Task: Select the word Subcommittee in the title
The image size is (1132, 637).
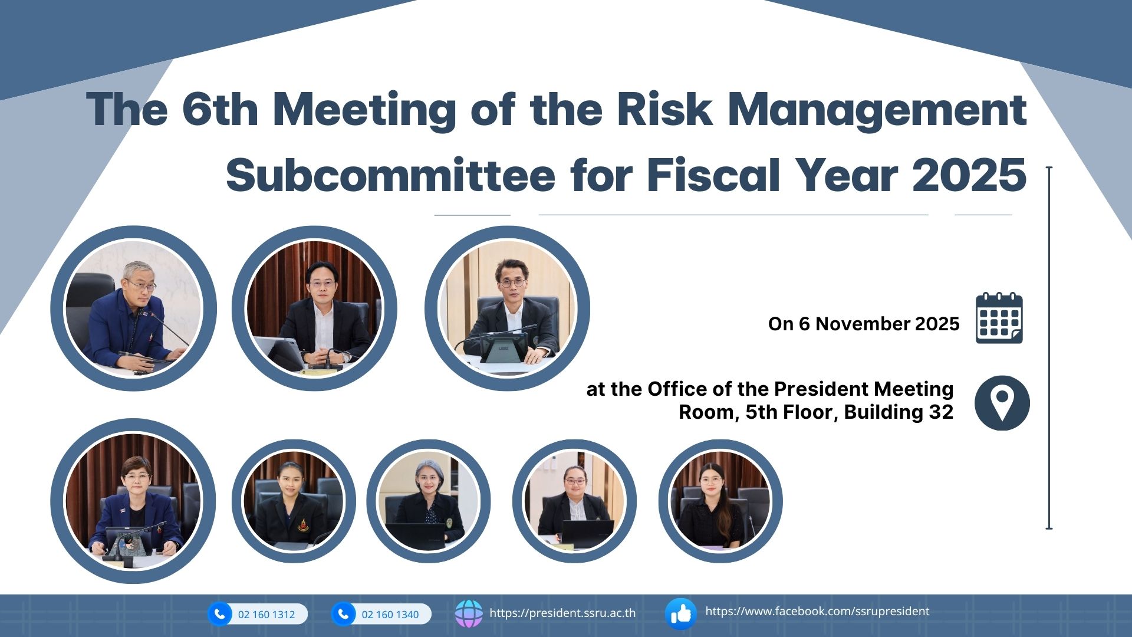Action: click(x=390, y=175)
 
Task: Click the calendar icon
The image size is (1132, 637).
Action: click(x=999, y=318)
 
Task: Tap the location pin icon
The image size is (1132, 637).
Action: click(x=1002, y=403)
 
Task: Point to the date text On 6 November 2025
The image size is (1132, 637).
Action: click(x=864, y=324)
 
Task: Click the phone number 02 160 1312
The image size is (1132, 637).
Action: click(x=266, y=615)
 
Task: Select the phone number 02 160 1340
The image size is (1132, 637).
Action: click(x=390, y=615)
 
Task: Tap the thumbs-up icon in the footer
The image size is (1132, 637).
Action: click(x=680, y=614)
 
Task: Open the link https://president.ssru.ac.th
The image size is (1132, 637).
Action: click(x=562, y=613)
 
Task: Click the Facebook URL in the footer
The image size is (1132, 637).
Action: click(x=817, y=612)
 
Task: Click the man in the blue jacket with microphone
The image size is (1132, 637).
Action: click(x=133, y=308)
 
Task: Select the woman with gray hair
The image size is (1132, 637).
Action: click(x=428, y=501)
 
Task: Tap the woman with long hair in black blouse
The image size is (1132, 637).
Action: click(x=720, y=501)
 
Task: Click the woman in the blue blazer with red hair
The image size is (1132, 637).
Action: click(x=133, y=501)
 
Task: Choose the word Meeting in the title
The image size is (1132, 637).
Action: click(x=364, y=110)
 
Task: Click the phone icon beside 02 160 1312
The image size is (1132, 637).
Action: click(x=220, y=614)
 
